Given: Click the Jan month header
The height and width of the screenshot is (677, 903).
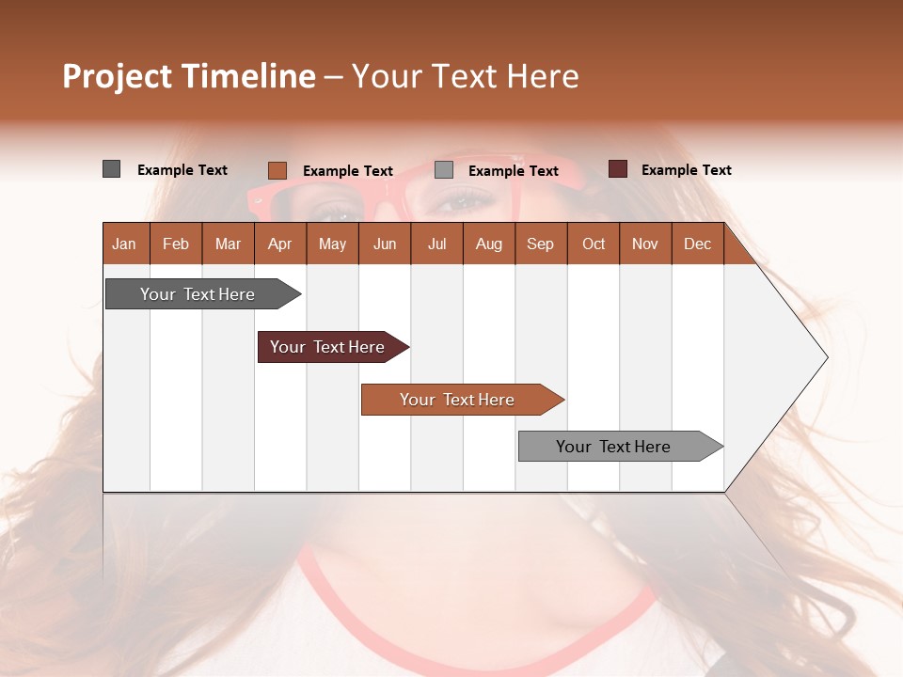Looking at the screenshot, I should (124, 244).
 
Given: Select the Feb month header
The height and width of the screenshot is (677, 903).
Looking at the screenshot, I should (176, 244).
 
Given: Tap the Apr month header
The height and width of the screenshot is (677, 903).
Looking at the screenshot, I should (279, 244).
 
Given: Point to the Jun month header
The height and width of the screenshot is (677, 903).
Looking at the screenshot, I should (385, 244).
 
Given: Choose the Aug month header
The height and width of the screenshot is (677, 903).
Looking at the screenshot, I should (488, 244).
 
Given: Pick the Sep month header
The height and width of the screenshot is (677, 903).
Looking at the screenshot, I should (540, 244).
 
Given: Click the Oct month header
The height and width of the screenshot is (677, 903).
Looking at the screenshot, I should (594, 244).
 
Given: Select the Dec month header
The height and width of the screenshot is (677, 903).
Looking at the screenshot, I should (697, 244).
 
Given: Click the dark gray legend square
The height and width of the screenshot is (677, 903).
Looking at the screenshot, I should (111, 169).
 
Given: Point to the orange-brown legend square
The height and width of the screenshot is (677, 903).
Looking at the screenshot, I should (277, 170).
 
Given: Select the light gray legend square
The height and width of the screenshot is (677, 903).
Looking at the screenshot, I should (444, 170).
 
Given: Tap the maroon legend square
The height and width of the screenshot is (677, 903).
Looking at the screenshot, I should (617, 169).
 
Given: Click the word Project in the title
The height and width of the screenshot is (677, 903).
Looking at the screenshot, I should (117, 76).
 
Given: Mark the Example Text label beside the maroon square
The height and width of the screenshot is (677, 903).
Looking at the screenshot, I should (686, 169).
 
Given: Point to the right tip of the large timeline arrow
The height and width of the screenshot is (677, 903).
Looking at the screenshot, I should (826, 357).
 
